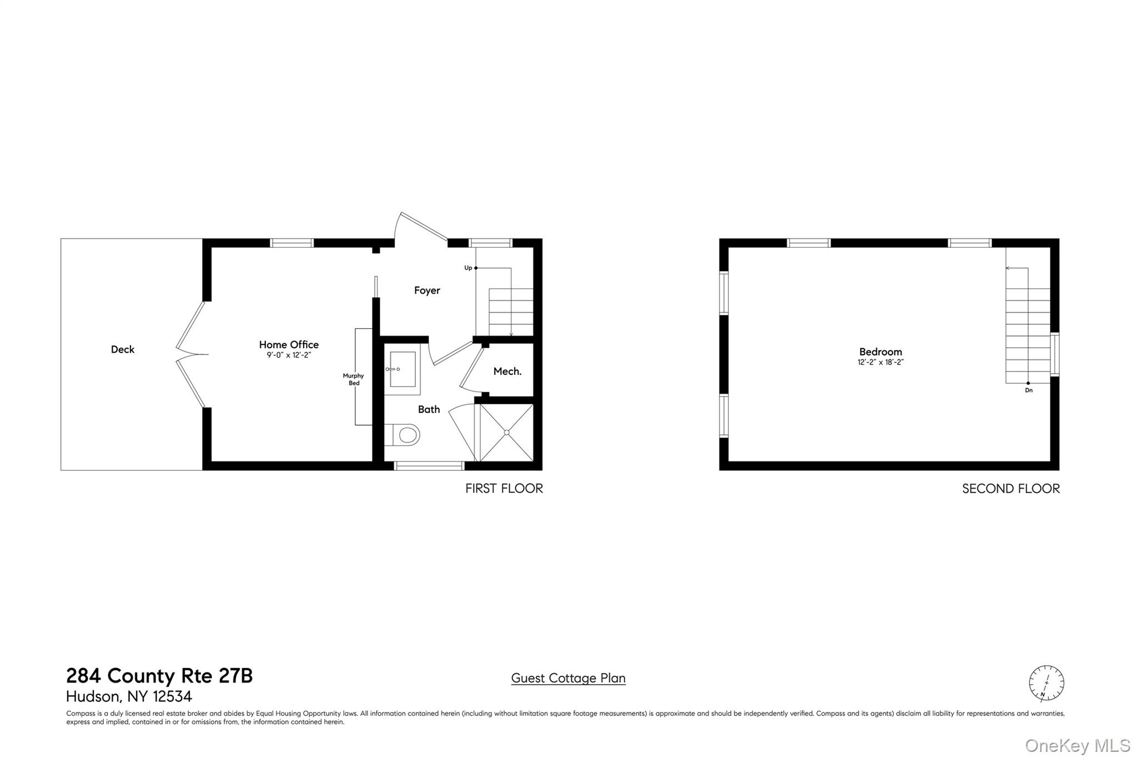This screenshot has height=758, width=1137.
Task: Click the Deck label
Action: pos(123,349)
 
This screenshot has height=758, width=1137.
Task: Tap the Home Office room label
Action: pos(289,345)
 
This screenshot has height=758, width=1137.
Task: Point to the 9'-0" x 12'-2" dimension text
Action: pos(289,355)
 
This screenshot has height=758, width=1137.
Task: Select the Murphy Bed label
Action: pos(354,379)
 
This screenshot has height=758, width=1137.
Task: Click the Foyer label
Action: pos(427,290)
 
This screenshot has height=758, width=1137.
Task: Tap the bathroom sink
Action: pos(403,369)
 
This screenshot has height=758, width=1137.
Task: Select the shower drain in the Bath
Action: pos(506,433)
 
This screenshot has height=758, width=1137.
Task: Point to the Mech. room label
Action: pos(507,372)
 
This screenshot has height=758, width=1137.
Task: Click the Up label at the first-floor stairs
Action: pos(468,268)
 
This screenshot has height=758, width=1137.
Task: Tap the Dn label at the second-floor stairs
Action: pos(1029,390)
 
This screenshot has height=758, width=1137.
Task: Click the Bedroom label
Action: pos(881,352)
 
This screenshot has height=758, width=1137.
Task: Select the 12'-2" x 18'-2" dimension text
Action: pos(881,363)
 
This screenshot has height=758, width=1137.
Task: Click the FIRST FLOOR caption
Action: pos(504,489)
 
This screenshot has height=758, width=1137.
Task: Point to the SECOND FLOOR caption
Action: pos(1010,489)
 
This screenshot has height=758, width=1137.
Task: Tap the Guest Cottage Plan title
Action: pos(568,678)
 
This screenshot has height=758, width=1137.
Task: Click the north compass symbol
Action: pos(1047,683)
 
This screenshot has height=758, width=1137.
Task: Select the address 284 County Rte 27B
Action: pos(159,676)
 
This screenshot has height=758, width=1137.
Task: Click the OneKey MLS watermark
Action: pos(1078,745)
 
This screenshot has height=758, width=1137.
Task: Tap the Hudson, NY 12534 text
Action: pos(129,696)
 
